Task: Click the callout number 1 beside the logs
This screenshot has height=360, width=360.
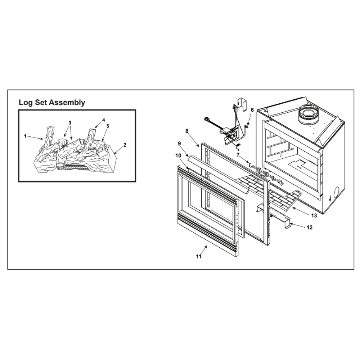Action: [x=25, y=136]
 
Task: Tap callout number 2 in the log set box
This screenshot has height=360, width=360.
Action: [x=125, y=145]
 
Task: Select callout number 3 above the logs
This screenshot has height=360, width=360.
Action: [x=70, y=123]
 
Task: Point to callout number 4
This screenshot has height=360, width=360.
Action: [x=104, y=120]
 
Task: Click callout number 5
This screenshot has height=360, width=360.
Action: [x=108, y=126]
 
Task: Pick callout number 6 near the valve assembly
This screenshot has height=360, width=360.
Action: [x=252, y=110]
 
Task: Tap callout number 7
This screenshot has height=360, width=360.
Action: [x=238, y=155]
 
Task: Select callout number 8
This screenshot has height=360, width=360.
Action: [x=187, y=131]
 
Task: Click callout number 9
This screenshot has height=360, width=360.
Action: [x=179, y=144]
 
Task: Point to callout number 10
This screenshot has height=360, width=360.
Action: [x=178, y=156]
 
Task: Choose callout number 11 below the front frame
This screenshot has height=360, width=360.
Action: [x=199, y=256]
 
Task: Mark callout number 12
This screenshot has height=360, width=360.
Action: [x=310, y=227]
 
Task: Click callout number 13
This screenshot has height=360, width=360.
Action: [x=314, y=215]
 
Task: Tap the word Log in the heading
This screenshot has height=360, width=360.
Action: [x=26, y=103]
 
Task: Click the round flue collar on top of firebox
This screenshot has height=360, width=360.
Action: [x=309, y=115]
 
